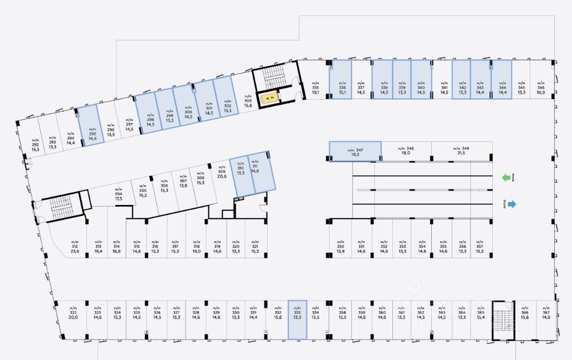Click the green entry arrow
[505, 178]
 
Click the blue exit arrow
[510, 204]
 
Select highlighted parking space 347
[355, 151]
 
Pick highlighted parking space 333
[297, 320]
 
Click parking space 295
[89, 126]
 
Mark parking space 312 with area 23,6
[75, 248]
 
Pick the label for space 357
[479, 248]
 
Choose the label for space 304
[118, 196]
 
